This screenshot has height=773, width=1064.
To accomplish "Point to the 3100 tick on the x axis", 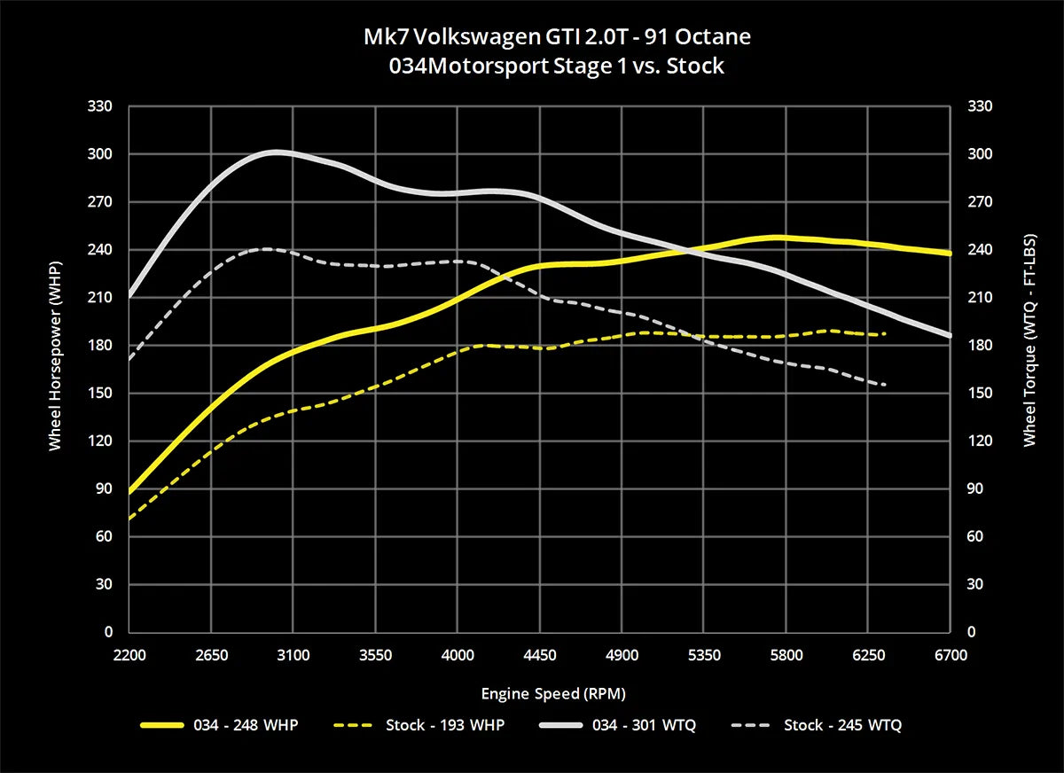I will click(x=293, y=655).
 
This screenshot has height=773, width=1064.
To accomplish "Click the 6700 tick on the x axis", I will click(x=951, y=655).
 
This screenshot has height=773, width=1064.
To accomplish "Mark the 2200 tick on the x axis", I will click(x=129, y=655).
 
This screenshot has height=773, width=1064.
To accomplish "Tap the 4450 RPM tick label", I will click(x=540, y=655).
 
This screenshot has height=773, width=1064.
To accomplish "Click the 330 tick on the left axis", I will click(x=102, y=106).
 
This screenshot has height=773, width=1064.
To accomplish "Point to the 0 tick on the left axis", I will click(x=108, y=632).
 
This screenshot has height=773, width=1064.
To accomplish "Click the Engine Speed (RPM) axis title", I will click(x=540, y=692).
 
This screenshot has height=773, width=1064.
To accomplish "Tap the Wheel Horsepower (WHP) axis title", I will click(x=56, y=369).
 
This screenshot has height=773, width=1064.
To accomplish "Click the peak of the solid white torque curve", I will click(x=274, y=152).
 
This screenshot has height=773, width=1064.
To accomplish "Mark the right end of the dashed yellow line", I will click(x=885, y=334).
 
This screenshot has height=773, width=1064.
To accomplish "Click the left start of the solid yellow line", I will click(x=130, y=491).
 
